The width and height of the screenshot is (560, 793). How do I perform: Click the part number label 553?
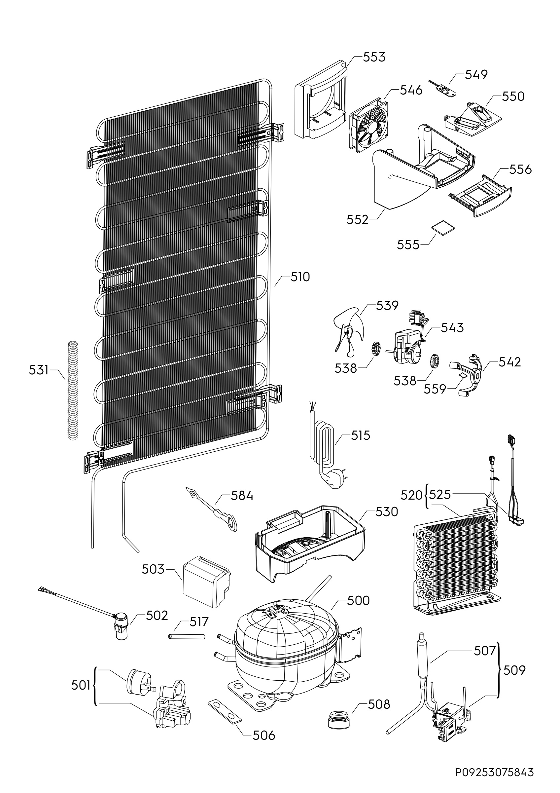tap(374, 57)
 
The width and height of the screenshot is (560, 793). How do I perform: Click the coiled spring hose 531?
tap(73, 391)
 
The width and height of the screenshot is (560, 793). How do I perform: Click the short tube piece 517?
tap(187, 636)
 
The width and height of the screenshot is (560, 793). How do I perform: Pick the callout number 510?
tap(300, 277)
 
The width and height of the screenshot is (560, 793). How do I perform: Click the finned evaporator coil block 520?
tap(455, 566)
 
